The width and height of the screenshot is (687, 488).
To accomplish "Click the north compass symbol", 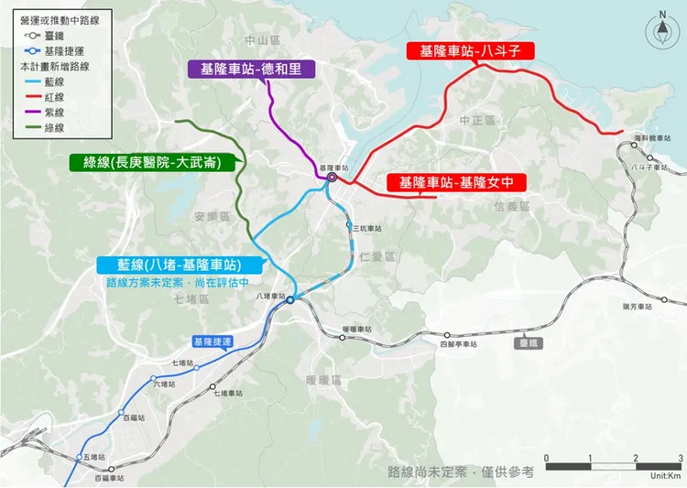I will point(661,29).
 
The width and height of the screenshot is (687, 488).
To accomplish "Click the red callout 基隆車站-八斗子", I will point(470,52).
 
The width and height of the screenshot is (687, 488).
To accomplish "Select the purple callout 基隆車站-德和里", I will point(251,70).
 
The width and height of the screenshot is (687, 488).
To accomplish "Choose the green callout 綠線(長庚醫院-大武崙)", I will point(150,163).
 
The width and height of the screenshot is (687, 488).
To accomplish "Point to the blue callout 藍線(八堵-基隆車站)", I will point(180,265).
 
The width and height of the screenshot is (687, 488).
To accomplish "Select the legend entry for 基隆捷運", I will point(55,51).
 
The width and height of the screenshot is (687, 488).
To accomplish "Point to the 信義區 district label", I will point(511,207).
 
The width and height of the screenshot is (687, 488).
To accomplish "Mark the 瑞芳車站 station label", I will point(636,306).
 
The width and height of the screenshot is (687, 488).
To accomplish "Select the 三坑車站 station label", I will point(364,228).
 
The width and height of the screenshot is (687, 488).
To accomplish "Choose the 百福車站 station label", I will point(108,478).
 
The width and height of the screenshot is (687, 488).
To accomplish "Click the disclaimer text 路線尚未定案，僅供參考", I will point(460,472).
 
